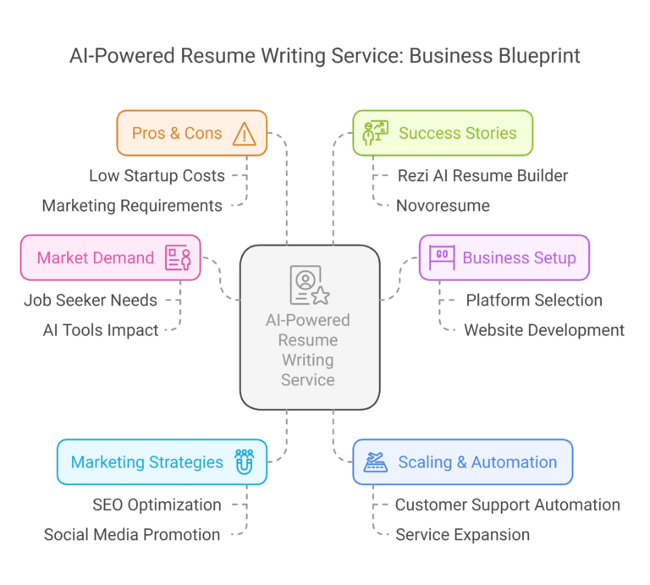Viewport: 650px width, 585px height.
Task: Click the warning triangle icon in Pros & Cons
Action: (245, 133)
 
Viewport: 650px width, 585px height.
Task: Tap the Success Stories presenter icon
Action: (375, 133)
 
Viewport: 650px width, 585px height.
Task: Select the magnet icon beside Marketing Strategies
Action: (245, 461)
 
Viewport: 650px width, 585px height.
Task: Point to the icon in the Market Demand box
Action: (178, 257)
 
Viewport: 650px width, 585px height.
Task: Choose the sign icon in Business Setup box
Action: (442, 257)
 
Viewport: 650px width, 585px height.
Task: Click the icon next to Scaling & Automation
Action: (375, 461)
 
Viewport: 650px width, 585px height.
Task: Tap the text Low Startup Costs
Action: (157, 176)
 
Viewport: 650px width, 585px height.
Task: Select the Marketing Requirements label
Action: (132, 205)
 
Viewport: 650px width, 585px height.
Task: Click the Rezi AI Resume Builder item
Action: (482, 176)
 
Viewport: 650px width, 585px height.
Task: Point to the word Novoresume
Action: (443, 205)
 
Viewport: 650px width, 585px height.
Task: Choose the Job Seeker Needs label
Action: (91, 300)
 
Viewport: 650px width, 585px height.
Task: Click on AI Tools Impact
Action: (101, 329)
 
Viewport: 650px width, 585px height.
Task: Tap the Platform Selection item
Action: (534, 300)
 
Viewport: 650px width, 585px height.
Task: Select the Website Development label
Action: (544, 329)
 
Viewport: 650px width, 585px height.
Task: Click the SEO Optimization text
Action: (157, 505)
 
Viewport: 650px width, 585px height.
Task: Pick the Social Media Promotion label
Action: (132, 534)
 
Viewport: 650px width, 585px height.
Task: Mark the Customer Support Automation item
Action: (508, 505)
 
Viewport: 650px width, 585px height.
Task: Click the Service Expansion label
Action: (463, 534)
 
